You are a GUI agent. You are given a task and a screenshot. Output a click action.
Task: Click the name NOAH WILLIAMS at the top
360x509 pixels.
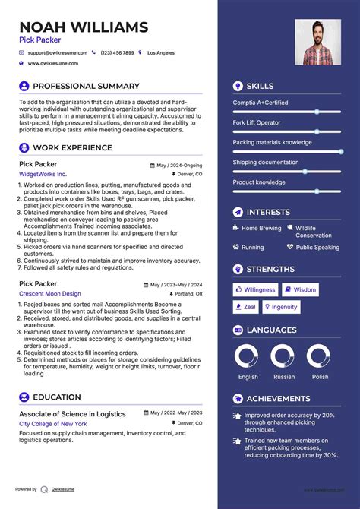84,28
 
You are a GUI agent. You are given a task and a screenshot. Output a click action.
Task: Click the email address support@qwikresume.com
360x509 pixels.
58,53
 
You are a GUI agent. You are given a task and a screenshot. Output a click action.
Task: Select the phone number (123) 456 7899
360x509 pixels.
117,53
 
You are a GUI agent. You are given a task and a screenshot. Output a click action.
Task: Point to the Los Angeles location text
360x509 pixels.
160,53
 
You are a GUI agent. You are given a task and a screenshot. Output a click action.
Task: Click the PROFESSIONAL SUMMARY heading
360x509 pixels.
86,87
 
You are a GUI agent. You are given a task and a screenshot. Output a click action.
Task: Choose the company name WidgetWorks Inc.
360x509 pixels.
43,174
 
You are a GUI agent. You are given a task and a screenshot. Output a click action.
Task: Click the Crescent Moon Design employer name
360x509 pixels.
50,293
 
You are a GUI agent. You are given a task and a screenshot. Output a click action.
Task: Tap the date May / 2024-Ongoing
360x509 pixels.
179,165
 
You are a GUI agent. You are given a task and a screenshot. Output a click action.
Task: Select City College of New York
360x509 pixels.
53,423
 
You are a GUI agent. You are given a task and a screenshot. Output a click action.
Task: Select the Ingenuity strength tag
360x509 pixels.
281,307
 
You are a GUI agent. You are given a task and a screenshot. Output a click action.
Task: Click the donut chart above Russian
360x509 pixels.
283,356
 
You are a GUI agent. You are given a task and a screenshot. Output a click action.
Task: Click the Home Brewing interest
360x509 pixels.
261,228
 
